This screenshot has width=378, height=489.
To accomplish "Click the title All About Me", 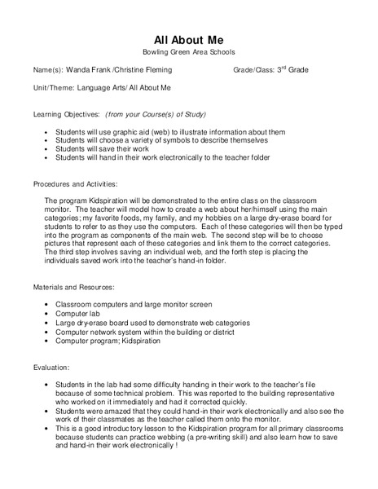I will click(x=188, y=39).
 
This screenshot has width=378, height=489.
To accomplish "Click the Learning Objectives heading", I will click(x=67, y=114).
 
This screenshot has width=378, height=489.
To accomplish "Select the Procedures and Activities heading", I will click(x=75, y=184).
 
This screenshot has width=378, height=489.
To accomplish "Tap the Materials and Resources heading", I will click(x=73, y=288).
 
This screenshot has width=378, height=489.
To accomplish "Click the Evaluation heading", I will click(x=51, y=368).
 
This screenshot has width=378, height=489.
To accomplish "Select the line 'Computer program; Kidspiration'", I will click(x=108, y=341).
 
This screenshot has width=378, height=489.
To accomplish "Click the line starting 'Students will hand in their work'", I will click(x=162, y=158).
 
